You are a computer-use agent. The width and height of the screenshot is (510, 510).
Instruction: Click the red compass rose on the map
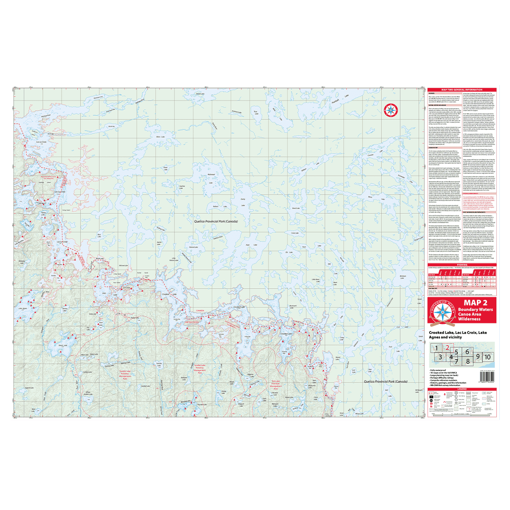(390, 110)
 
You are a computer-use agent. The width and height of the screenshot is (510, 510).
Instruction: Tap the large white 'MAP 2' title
(475, 303)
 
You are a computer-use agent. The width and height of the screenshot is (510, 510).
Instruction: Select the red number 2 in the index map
(447, 348)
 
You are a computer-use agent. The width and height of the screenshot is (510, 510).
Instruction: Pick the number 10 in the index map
(487, 357)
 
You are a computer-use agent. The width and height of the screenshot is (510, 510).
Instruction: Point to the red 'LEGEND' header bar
(462, 389)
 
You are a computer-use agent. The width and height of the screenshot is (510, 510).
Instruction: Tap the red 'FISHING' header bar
(462, 265)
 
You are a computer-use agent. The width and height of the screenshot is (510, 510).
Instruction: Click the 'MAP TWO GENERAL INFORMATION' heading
(462, 90)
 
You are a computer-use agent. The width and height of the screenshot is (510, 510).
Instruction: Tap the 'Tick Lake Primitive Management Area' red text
(275, 385)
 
